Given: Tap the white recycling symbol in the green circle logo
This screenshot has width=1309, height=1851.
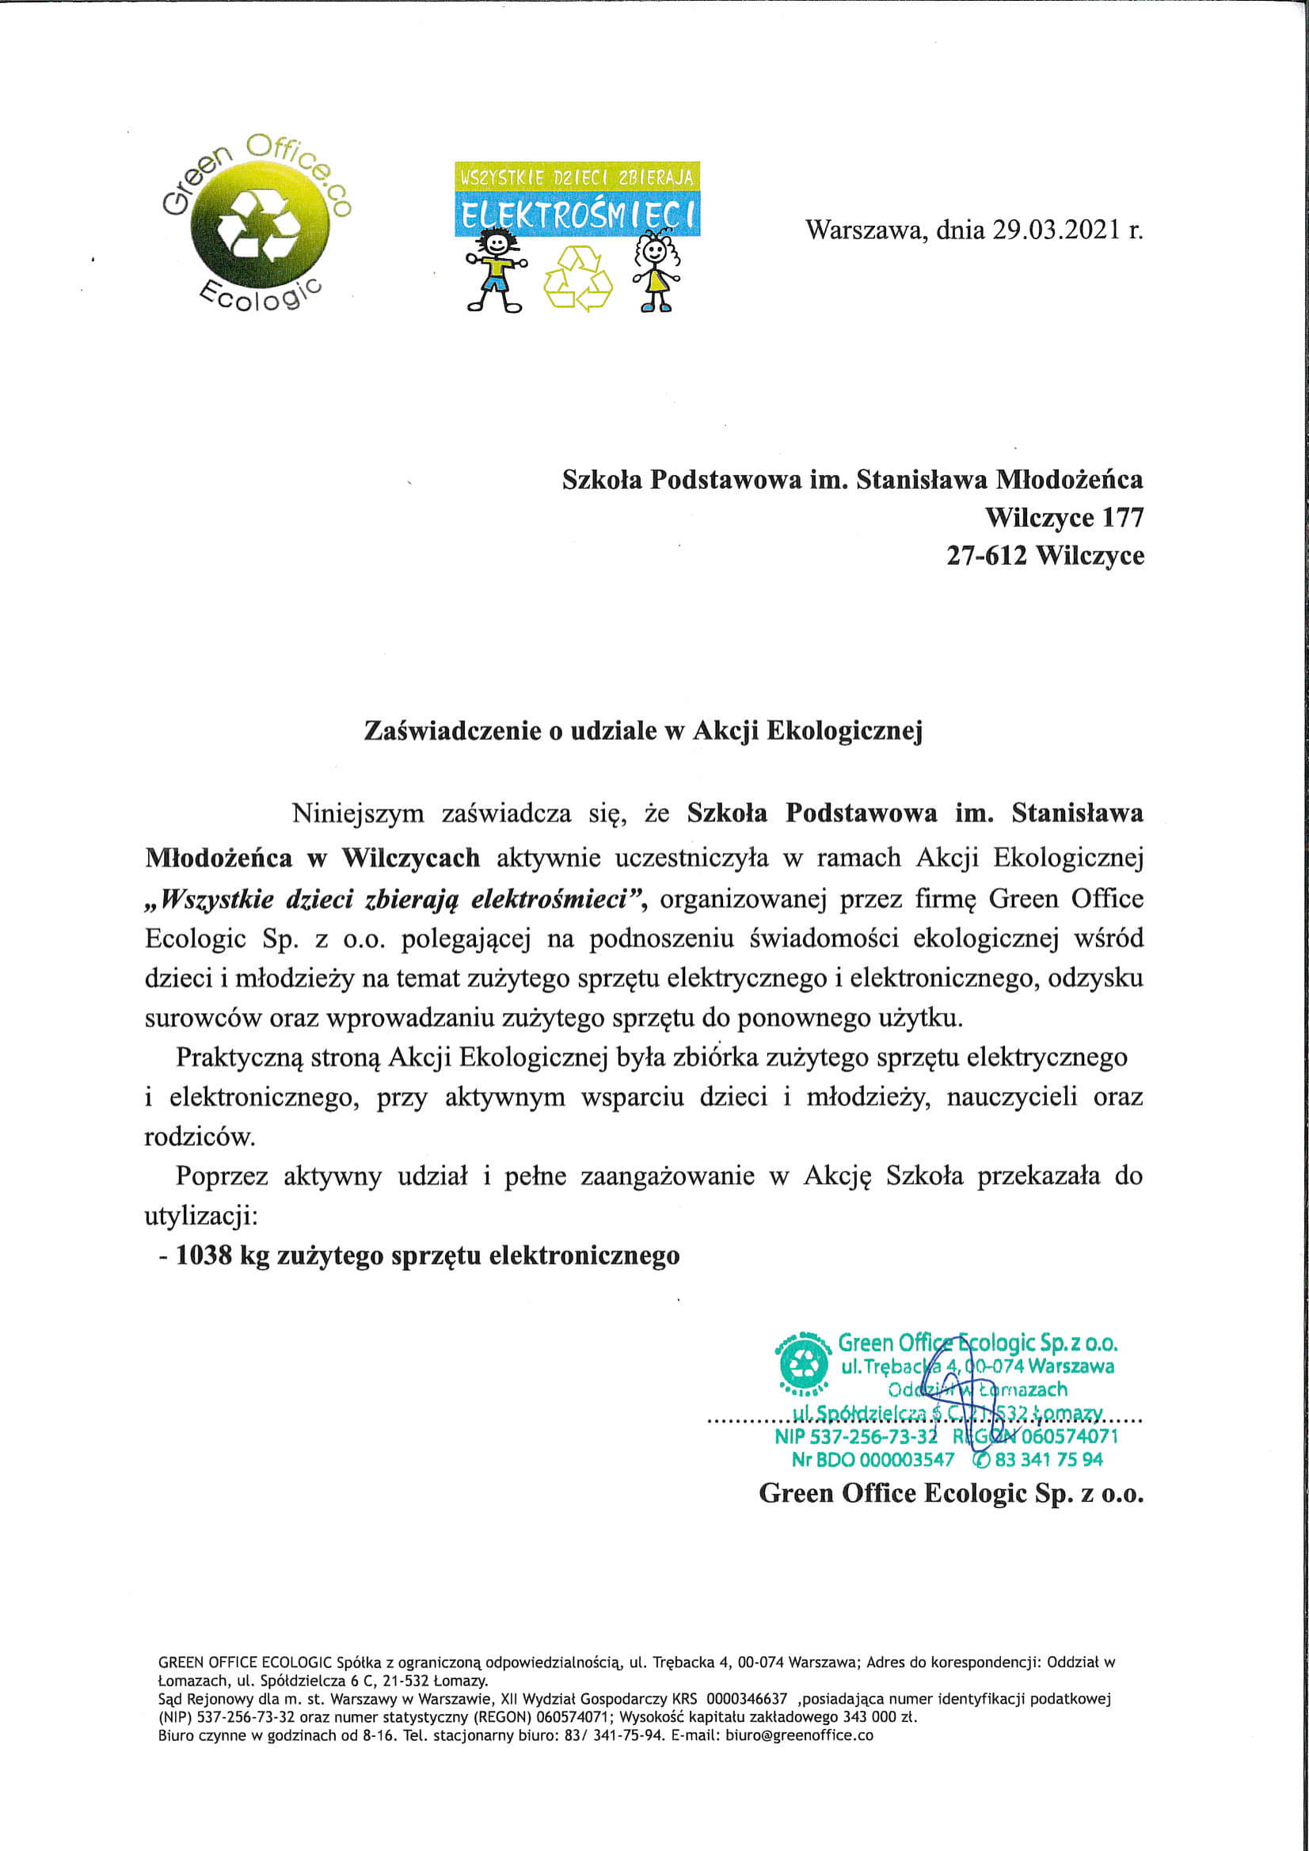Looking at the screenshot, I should point(258,226).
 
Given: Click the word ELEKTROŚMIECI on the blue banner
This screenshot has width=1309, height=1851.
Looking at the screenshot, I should point(577,215).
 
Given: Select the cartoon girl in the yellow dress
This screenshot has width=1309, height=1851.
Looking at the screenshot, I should point(656,269).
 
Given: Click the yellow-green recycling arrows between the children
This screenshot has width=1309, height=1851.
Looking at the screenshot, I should point(578,278).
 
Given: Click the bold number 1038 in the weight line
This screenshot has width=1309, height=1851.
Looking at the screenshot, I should point(203,1255).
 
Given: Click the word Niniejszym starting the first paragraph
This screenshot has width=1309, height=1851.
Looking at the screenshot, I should point(358,813).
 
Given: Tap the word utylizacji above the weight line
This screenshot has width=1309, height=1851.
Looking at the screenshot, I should point(198,1216).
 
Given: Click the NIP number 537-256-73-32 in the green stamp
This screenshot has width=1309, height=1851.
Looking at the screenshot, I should point(856,1436).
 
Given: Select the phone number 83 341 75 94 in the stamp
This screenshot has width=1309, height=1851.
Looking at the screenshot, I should point(1048,1459).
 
